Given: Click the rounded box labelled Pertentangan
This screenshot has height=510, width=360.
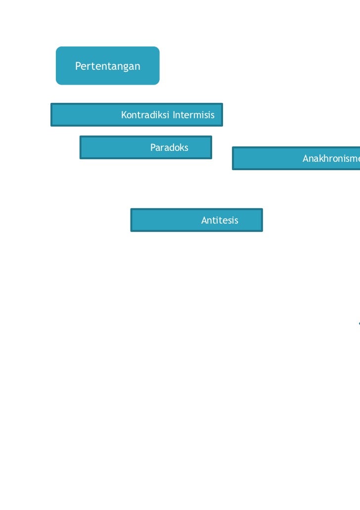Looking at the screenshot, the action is point(107,66).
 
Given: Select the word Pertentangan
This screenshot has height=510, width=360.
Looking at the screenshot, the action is point(107,66).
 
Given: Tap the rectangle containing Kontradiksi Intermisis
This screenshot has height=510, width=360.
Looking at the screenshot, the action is point(136,115).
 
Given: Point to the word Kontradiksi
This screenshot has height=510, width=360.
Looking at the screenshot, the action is point(145,115).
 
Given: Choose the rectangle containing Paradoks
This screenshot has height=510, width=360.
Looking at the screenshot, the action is point(145,147).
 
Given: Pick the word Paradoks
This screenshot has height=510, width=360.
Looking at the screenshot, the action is point(169,147).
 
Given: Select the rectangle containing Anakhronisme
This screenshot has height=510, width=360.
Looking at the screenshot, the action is point(296,158).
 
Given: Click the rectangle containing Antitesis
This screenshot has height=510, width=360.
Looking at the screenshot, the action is point(196,220).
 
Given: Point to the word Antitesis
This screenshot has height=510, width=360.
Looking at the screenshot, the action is point(220,220).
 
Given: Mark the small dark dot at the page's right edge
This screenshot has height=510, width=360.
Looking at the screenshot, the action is point(359,324).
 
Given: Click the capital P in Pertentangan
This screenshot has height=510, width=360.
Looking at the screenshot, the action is point(78,66).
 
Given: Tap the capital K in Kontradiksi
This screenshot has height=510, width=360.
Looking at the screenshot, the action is point(124,115).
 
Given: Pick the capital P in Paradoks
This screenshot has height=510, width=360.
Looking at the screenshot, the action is point(153,147).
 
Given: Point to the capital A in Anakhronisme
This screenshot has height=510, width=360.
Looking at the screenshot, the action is point(306,158).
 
